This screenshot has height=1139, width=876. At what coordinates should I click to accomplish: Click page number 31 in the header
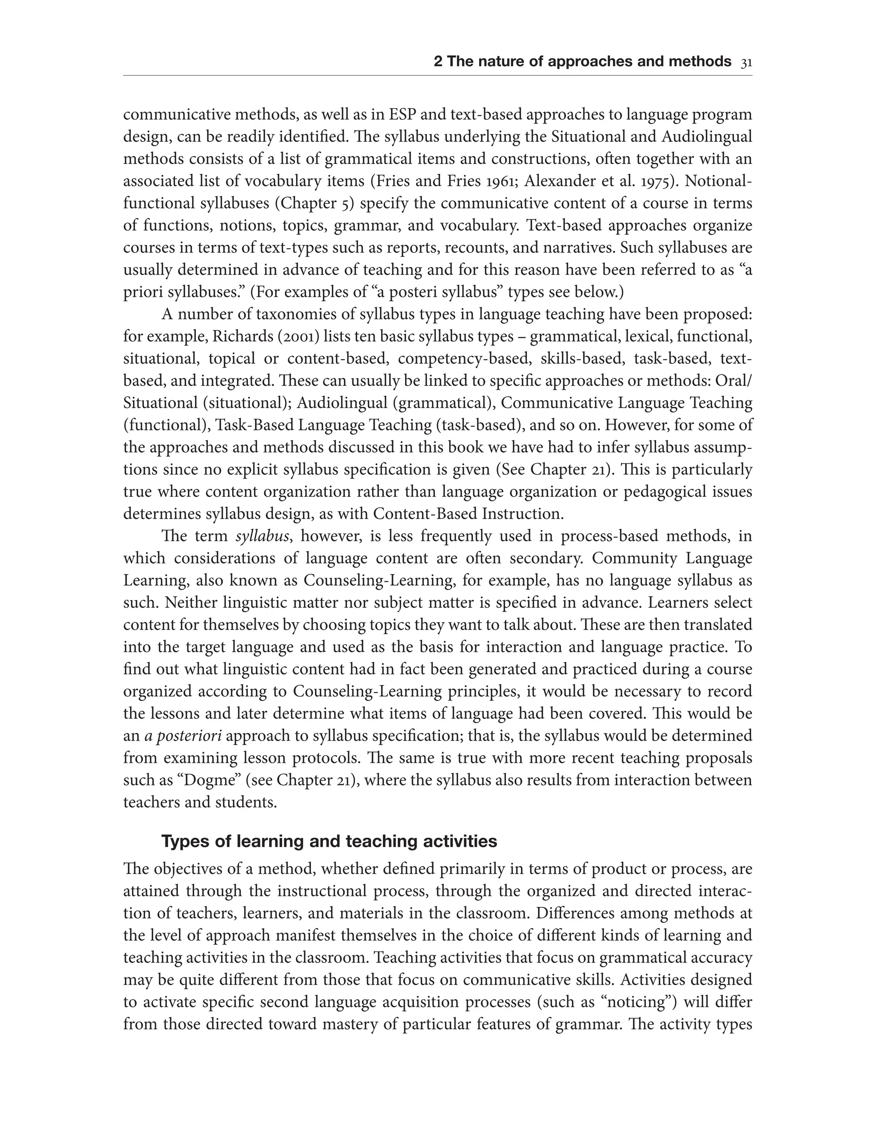[x=746, y=62]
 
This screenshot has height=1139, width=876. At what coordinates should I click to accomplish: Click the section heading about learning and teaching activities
[x=329, y=842]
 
